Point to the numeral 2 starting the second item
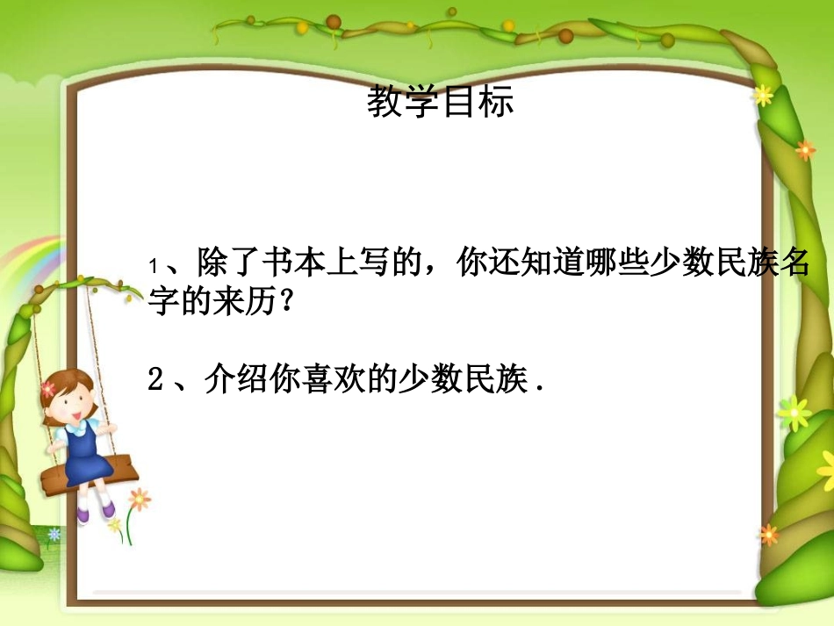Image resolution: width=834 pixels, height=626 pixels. point(155,382)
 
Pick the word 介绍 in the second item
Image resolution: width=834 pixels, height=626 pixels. point(227,382)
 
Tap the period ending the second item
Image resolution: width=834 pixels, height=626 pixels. point(537,387)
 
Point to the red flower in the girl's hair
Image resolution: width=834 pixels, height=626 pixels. point(47,387)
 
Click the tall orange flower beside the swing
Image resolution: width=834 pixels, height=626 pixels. point(139,500)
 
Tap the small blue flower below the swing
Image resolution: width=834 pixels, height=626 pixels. point(55,534)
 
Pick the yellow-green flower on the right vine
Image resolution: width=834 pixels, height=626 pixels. point(793,412)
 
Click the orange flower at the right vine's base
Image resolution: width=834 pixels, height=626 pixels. point(768,534)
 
